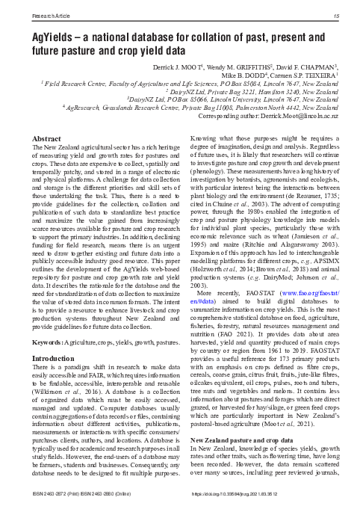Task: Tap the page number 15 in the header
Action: coord(338,14)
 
